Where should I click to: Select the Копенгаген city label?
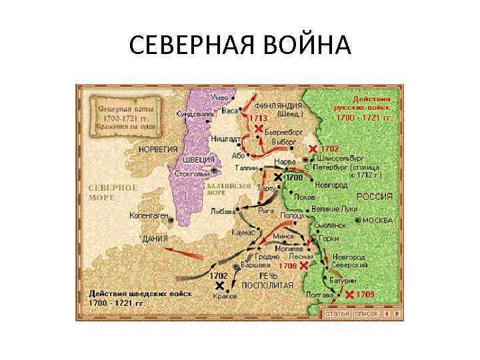pyautogui.click(x=149, y=215)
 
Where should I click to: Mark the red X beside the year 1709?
pyautogui.click(x=349, y=294)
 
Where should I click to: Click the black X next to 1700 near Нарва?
pyautogui.click(x=278, y=178)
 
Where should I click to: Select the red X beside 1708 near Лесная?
pyautogui.click(x=304, y=265)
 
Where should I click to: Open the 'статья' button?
pyautogui.click(x=337, y=313)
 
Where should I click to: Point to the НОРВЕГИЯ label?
pyautogui.click(x=158, y=149)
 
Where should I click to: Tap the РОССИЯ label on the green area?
pyautogui.click(x=374, y=197)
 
